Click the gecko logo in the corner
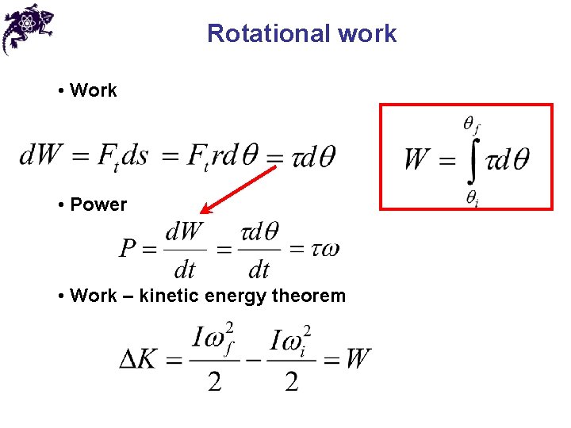tap(28, 28)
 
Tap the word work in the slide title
tap(366, 34)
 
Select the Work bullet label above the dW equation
tap(93, 90)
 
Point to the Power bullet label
tap(98, 204)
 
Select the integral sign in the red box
tap(470, 159)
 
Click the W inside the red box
tap(417, 159)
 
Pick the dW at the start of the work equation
tap(40, 155)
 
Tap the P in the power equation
tap(129, 250)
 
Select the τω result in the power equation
tap(325, 249)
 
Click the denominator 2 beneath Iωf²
tap(214, 383)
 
